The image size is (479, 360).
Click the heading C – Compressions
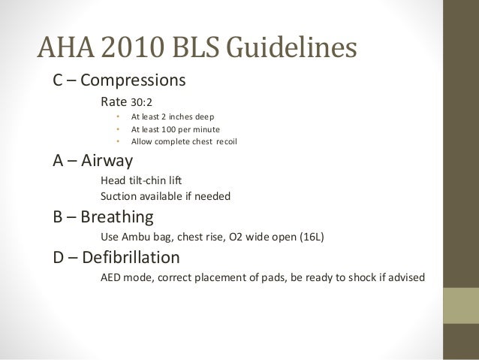coord(119,80)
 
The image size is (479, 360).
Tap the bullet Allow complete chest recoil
coord(183,141)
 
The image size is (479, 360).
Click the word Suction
coord(119,197)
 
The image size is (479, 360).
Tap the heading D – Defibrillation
coord(116,259)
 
